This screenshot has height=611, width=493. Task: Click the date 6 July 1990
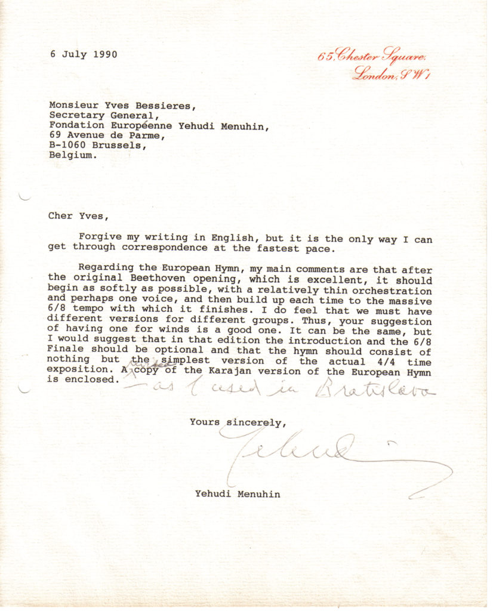[x=84, y=54]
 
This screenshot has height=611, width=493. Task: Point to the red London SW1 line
[x=392, y=75]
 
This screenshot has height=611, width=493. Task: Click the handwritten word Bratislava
[x=376, y=390]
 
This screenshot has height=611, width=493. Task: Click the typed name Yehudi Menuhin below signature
[x=237, y=493]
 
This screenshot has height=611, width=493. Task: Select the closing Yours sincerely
[x=238, y=422]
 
